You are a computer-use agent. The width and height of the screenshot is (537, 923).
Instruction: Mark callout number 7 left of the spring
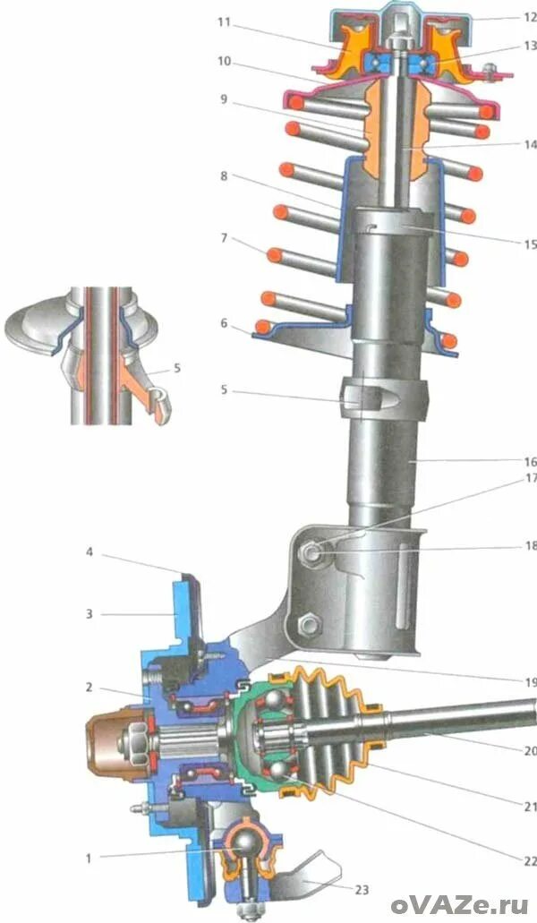(x=225, y=239)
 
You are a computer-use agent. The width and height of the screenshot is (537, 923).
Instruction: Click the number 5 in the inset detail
(x=176, y=367)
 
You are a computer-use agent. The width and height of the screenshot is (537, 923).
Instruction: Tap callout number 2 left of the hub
(x=89, y=688)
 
